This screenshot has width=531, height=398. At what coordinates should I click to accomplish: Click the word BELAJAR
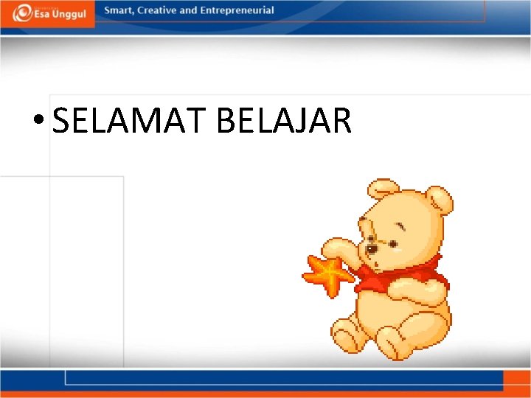pos(284,120)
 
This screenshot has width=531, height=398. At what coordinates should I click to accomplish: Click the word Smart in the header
pos(118,10)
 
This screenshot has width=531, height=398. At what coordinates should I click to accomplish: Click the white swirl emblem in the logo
pos(23,13)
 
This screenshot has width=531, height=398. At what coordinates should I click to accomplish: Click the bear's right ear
pos(440,199)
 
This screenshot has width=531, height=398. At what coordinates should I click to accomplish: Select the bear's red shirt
pos(413,276)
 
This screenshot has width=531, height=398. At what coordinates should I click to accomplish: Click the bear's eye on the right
pos(394,242)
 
